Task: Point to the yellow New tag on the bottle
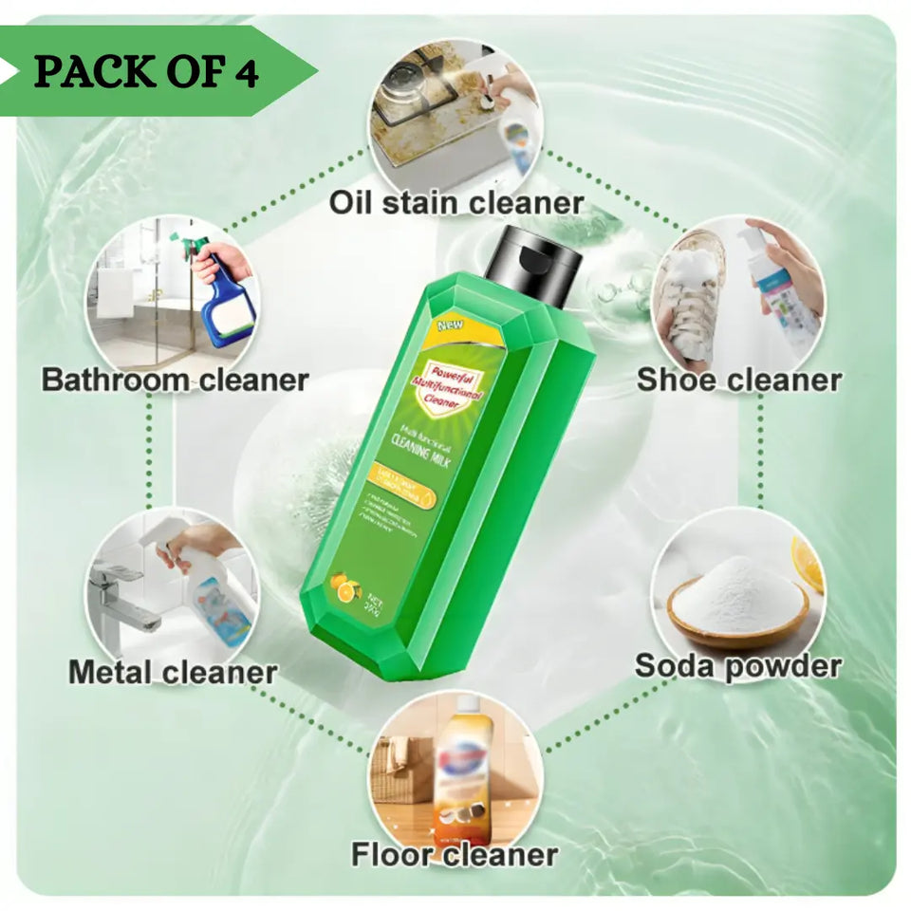[449, 326]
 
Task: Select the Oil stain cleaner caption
[455, 201]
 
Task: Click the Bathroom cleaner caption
[176, 380]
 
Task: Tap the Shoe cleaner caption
[738, 380]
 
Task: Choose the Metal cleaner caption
[173, 672]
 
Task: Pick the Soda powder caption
[737, 665]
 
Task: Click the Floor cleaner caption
[455, 853]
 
